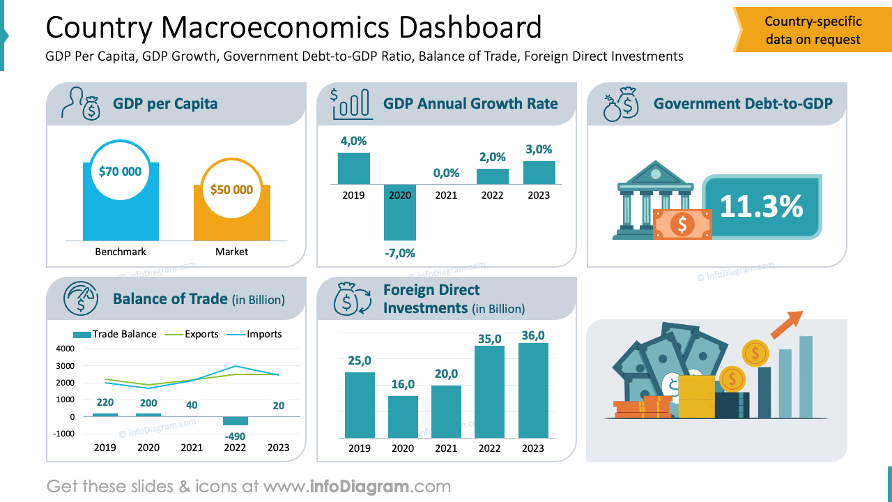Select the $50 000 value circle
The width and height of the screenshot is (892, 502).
(231, 190)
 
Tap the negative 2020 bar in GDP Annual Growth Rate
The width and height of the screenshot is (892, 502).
(400, 212)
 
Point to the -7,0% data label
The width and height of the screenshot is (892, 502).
(400, 253)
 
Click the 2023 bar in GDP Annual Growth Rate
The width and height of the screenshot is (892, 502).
(539, 173)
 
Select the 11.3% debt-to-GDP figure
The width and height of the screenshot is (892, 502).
(761, 206)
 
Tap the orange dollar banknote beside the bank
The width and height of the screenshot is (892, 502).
(682, 224)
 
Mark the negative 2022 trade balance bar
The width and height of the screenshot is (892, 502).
(235, 420)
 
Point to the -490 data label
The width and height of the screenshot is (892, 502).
(235, 436)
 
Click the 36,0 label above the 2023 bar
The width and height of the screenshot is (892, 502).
(533, 335)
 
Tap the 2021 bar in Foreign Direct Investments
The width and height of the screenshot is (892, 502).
(446, 411)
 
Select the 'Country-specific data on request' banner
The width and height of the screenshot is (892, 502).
(813, 31)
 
